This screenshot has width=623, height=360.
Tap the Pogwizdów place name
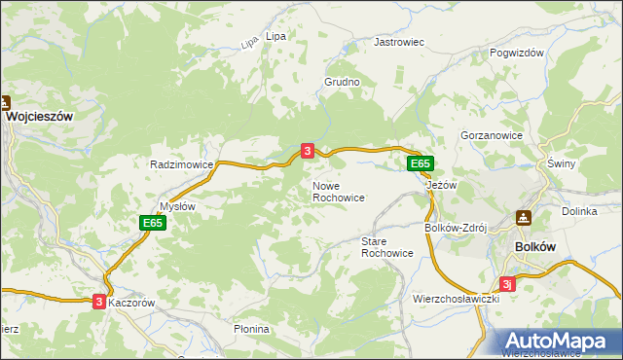pyautogui.click(x=516, y=54)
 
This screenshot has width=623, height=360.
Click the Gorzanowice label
pyautogui.click(x=493, y=136)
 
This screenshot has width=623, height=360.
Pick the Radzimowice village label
pyautogui.click(x=182, y=164)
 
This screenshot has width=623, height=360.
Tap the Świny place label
pyautogui.click(x=562, y=163)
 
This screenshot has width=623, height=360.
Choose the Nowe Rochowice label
pyautogui.click(x=339, y=191)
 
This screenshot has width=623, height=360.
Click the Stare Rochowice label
pyautogui.click(x=387, y=246)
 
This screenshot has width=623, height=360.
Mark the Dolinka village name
pyautogui.click(x=579, y=211)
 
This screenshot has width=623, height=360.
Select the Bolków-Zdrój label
pyautogui.click(x=456, y=228)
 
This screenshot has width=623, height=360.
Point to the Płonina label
pyautogui.click(x=251, y=329)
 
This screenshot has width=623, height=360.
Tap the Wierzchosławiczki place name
pyautogui.click(x=456, y=299)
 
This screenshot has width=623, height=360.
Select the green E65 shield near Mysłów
pyautogui.click(x=152, y=223)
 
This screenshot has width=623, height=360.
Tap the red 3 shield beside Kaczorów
pyautogui.click(x=99, y=303)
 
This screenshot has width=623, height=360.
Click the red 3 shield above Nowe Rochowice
pyautogui.click(x=308, y=151)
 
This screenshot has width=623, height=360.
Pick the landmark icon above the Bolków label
pyautogui.click(x=524, y=218)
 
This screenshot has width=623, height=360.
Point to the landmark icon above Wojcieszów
pyautogui.click(x=5, y=101)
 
